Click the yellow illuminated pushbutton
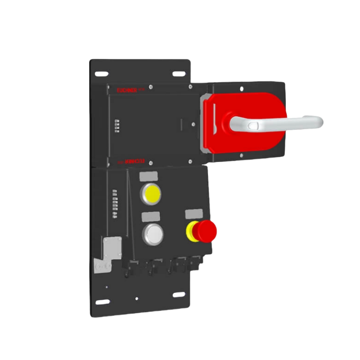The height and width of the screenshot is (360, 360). (x=151, y=194)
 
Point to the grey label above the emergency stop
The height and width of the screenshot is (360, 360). (x=193, y=214)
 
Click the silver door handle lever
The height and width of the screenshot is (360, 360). (x=279, y=121)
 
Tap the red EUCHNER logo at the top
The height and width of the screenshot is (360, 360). (x=129, y=90)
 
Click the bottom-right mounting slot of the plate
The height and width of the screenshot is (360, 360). (x=179, y=295)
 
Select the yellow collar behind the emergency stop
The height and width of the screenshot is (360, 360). (x=191, y=231)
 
